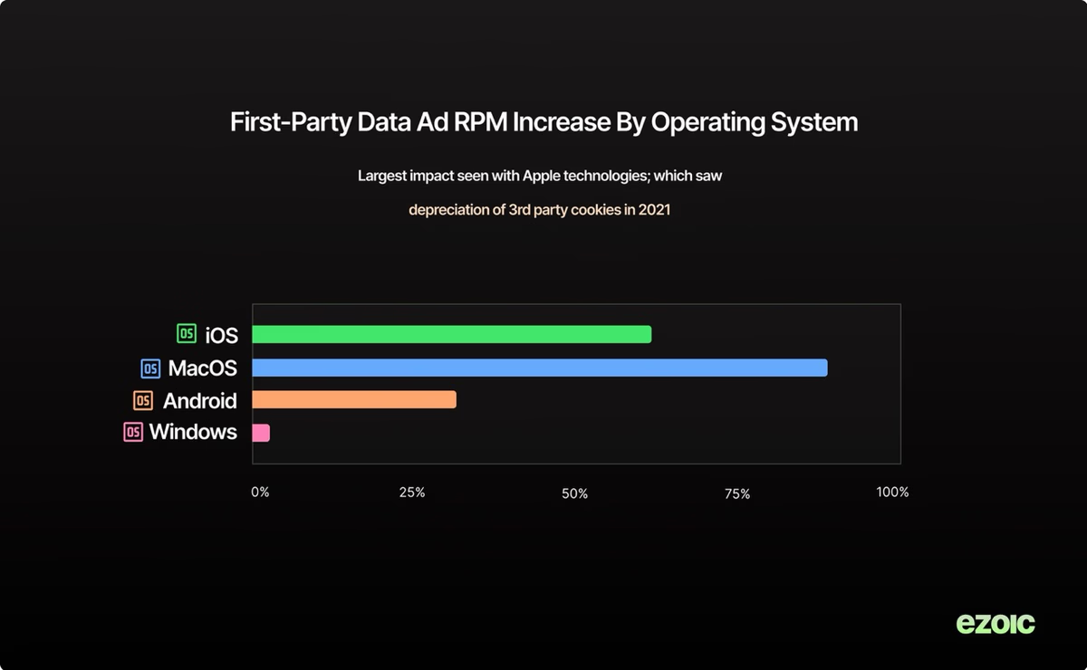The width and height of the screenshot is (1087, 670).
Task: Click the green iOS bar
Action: [451, 334]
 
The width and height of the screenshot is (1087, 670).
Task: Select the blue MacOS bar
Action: [539, 368]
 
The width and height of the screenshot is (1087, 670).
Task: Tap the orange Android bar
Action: [353, 400]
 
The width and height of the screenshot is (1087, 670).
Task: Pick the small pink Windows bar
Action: [261, 433]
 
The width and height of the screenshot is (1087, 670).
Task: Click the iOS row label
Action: [221, 335]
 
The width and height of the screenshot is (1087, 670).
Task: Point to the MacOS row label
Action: [202, 368]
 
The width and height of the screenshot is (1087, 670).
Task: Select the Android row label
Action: [199, 401]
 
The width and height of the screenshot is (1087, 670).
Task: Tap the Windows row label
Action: [193, 432]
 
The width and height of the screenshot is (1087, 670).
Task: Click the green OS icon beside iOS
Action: [187, 334]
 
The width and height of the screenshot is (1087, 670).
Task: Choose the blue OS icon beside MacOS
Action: [150, 368]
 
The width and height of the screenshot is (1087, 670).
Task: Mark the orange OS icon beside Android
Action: [143, 400]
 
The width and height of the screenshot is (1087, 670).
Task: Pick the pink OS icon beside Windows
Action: [133, 432]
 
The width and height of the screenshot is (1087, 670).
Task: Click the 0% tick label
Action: [260, 493]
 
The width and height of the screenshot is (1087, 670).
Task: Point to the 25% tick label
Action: [412, 493]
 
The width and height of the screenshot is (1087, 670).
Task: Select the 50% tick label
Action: [575, 493]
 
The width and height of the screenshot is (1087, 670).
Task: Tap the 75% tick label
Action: [737, 493]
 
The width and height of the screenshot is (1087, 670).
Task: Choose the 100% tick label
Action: [892, 493]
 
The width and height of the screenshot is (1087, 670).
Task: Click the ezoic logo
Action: [996, 623]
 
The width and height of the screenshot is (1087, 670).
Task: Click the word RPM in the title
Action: [477, 122]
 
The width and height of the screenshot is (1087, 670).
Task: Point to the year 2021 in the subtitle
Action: [655, 211]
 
